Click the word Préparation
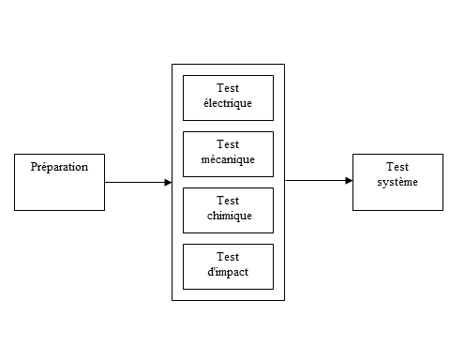[x=59, y=167]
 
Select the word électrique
[x=228, y=103]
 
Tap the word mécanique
[x=228, y=159]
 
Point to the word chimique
[x=230, y=216]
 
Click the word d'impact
[x=228, y=272]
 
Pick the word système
[x=397, y=182]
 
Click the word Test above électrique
[x=228, y=88]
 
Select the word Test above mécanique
[x=228, y=144]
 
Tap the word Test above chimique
[x=228, y=201]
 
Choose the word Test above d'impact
[x=228, y=257]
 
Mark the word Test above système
[x=397, y=167]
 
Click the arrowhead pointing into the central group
[x=168, y=182]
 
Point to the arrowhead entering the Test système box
[x=349, y=180]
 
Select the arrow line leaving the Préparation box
[x=138, y=182]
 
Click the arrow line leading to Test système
[x=319, y=180]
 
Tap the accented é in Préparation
[x=44, y=167]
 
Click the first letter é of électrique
[x=206, y=102]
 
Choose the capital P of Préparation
[x=34, y=167]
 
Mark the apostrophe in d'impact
[x=214, y=268]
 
